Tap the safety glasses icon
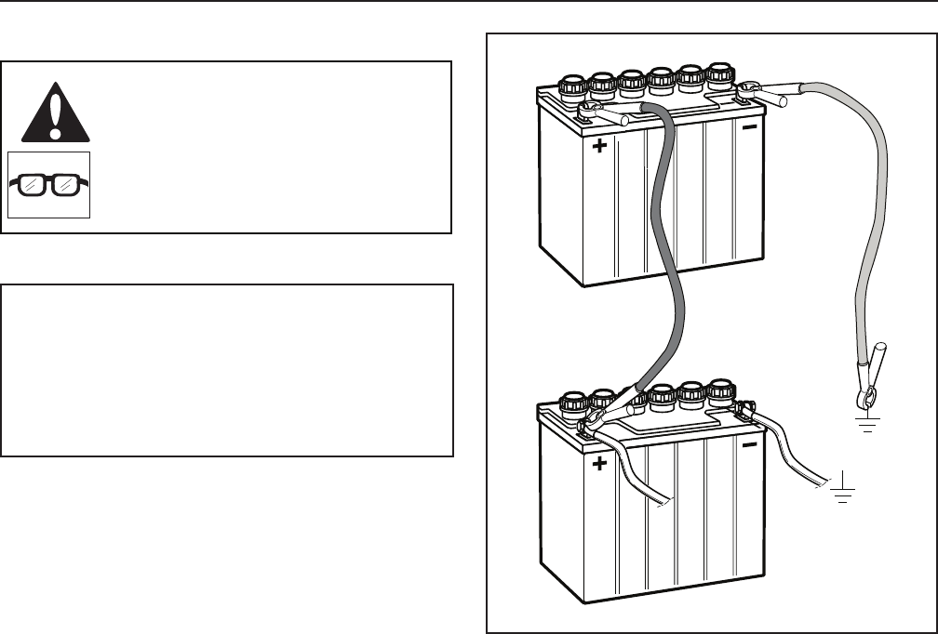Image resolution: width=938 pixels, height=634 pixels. coord(49,184)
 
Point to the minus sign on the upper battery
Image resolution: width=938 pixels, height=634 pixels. coord(750,127)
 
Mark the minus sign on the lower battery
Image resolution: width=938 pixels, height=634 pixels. coord(750,445)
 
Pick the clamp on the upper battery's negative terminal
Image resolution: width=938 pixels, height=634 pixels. coord(765,91)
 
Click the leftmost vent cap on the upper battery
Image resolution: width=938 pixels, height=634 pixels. coord(571,86)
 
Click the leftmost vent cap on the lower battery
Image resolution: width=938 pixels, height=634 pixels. coord(571,403)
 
